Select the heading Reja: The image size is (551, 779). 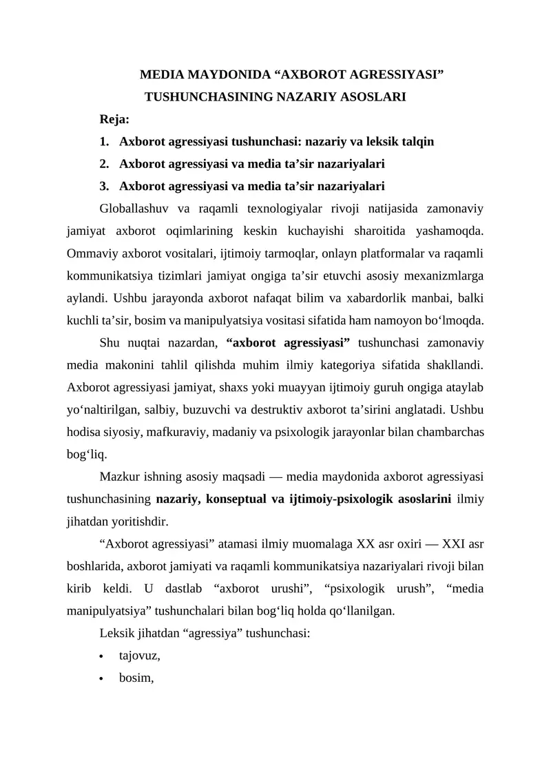(x=114, y=119)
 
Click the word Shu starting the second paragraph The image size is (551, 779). (x=110, y=342)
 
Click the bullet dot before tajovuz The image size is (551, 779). (x=103, y=656)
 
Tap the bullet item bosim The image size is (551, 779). (x=136, y=678)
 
